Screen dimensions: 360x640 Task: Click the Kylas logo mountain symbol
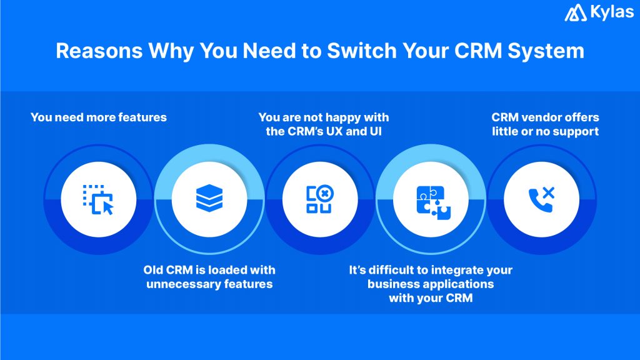coord(575,13)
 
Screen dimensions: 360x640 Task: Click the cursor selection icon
coord(99,199)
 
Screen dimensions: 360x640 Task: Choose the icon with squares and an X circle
coord(319,199)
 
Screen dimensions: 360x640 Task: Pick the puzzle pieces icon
coord(431,199)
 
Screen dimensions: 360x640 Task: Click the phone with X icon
coord(541,199)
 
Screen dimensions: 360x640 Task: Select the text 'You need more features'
coord(99,117)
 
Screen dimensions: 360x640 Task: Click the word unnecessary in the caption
coord(185,284)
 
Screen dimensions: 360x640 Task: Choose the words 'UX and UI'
coord(352,131)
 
